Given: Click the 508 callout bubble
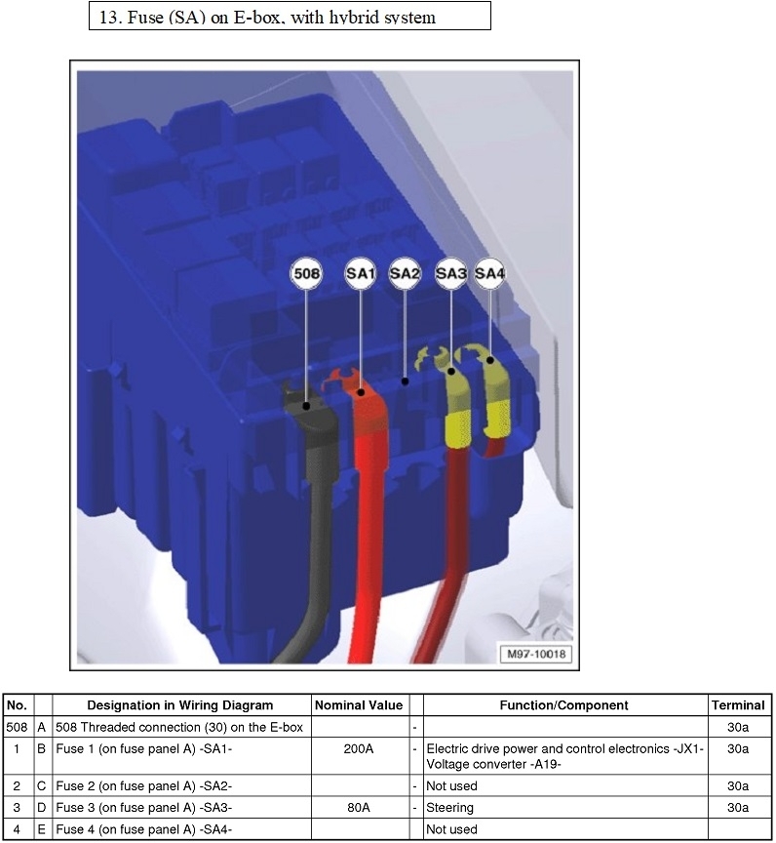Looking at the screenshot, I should pos(306,275).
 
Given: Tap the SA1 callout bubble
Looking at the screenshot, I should pos(360,275).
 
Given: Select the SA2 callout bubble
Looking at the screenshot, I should pos(405,275).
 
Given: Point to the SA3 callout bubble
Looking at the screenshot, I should pos(450,275).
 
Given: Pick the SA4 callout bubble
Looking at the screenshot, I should pos(489,275).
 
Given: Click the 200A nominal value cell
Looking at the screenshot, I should pos(358,748).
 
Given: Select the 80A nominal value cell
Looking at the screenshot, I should pos(358,808).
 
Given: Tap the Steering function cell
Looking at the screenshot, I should pos(449,808).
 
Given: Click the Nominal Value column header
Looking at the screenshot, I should pos(358,705).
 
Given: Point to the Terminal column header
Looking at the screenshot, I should pos(738,705).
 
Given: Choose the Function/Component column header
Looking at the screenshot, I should pos(563,705).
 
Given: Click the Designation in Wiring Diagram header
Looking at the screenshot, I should pos(180,705).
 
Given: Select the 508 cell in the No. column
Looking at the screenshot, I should pos(17,727).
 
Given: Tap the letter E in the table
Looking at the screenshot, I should pos(42,829).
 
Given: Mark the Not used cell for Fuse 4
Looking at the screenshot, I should pos(451,829).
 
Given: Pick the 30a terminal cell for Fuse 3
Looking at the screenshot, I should pos(738,808).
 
